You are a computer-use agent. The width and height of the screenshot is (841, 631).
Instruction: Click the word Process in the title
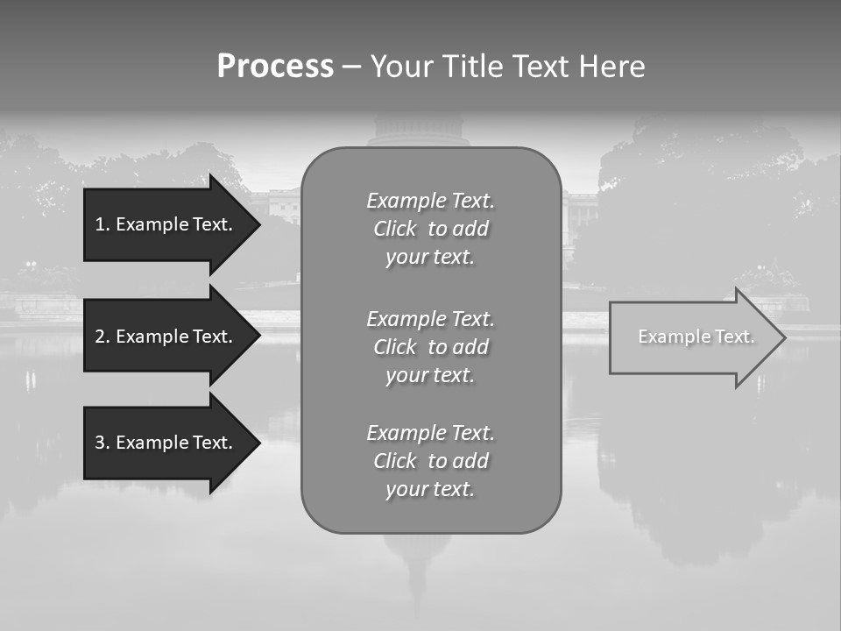pos(275,67)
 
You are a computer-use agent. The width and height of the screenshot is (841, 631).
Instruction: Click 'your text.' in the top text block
pos(430,258)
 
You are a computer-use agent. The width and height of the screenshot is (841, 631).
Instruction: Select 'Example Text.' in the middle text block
pos(430,318)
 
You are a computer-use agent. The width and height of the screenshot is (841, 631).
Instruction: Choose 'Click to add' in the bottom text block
pos(430,461)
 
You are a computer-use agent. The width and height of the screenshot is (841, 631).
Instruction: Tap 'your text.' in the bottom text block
pos(430,489)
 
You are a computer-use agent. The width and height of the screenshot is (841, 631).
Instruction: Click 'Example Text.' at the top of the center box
pos(430,201)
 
